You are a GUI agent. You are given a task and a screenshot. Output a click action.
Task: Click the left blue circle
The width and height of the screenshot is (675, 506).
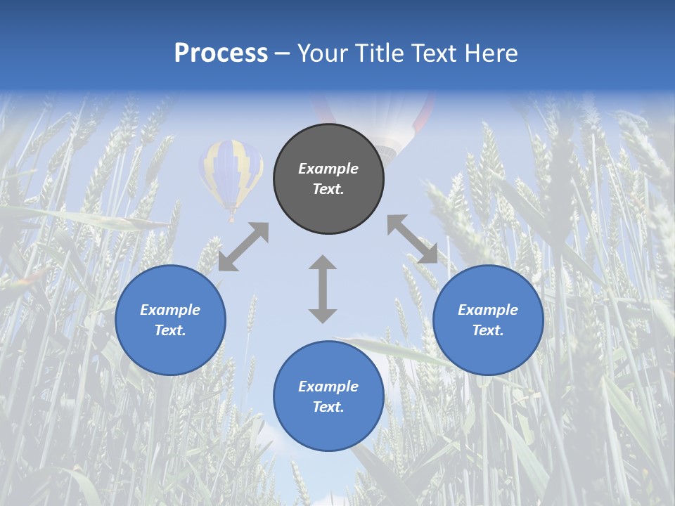point(170,320)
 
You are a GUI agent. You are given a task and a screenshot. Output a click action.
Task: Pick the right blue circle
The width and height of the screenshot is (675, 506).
point(488,320)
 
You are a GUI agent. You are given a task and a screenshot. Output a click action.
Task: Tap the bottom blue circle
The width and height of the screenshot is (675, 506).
point(328,396)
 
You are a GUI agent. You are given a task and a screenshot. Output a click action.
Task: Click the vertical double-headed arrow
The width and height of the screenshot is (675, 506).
point(323,289)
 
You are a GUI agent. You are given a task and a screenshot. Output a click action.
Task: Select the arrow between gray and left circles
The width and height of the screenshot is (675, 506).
point(243,247)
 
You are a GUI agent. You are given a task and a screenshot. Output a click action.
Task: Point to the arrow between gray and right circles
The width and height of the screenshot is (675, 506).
point(412,239)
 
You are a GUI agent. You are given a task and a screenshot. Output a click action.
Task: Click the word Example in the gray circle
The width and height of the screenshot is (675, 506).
point(328,169)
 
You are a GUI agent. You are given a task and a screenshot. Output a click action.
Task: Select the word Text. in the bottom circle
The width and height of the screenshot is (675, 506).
point(328,407)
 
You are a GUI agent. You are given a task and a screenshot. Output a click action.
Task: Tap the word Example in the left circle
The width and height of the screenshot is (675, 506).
point(170,310)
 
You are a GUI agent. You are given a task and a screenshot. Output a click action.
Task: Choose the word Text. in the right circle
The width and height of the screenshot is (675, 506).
point(488,330)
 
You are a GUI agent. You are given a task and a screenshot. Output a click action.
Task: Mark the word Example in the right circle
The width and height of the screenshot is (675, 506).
point(488,310)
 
